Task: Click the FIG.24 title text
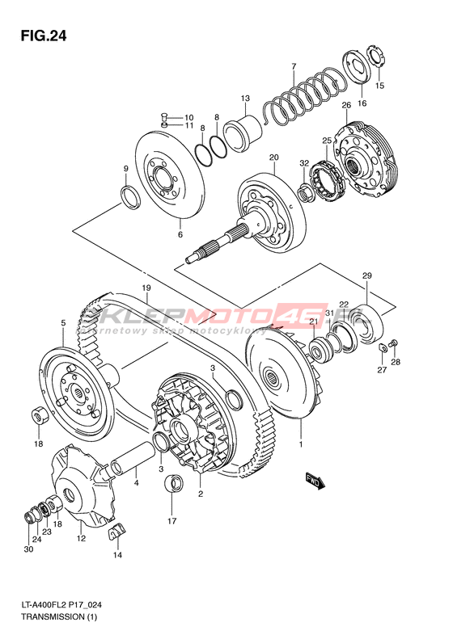[x=44, y=36]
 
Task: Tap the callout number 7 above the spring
[x=294, y=66]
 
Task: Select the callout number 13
[x=245, y=99]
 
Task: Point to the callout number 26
[x=346, y=105]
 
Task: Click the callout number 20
[x=273, y=158]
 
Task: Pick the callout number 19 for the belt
[x=146, y=288]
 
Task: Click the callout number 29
[x=367, y=275]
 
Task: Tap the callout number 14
[x=117, y=555]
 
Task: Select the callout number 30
[x=28, y=549]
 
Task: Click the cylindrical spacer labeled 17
[x=173, y=484]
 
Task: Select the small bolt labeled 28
[x=394, y=343]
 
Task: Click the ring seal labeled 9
[x=130, y=197]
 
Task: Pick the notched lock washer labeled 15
[x=376, y=57]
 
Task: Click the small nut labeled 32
[x=305, y=191]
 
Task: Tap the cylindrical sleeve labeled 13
[x=243, y=132]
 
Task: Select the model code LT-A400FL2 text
[x=44, y=606]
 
